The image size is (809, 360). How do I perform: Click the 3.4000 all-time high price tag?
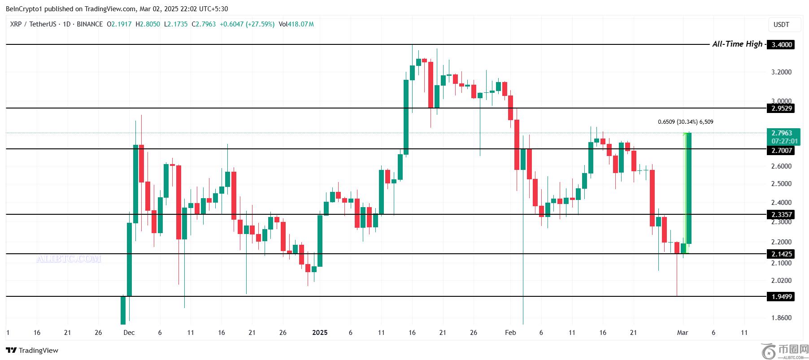(x=781, y=44)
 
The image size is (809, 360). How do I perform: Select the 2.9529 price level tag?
(x=781, y=108)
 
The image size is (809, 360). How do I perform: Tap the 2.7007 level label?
(x=781, y=151)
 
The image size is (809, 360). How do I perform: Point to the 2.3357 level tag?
(x=781, y=214)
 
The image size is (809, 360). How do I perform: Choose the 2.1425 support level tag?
(x=781, y=254)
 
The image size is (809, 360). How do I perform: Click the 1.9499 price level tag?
(x=781, y=296)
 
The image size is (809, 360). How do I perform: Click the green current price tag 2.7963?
(x=784, y=133)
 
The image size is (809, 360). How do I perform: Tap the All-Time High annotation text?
(x=737, y=44)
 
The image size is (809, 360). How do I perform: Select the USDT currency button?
(x=781, y=25)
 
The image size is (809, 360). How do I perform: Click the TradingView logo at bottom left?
(x=32, y=350)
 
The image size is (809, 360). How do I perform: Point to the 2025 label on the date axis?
(x=320, y=333)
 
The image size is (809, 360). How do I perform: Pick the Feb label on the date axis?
(x=510, y=333)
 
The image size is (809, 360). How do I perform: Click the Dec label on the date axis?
(x=129, y=333)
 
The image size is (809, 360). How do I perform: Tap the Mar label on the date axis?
(x=683, y=333)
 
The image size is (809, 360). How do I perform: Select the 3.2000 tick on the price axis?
(x=781, y=72)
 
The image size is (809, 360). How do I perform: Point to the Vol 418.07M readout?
(x=296, y=24)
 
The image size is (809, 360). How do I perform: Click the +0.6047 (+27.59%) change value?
(x=247, y=24)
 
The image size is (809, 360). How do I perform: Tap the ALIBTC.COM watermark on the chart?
(x=69, y=259)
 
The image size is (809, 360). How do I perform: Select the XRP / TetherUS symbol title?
(x=33, y=24)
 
